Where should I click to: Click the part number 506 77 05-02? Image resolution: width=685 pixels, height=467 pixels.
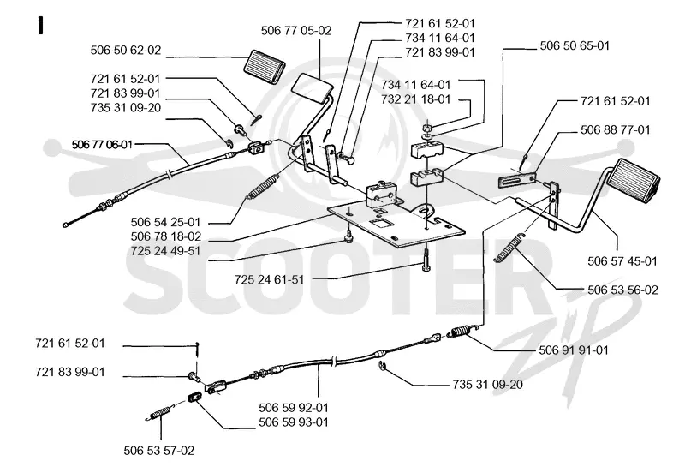(296, 31)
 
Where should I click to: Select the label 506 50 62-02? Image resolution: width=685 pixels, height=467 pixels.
(126, 50)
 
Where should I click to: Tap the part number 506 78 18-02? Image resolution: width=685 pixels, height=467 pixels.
(166, 236)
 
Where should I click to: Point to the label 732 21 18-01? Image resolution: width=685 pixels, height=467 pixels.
(415, 99)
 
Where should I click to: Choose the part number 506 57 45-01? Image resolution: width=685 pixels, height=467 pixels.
(622, 261)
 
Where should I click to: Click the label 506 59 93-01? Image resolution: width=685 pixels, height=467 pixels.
(294, 422)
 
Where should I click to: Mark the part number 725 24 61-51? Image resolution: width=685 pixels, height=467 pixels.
(269, 279)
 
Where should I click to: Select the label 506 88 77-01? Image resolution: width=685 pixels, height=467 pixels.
(615, 130)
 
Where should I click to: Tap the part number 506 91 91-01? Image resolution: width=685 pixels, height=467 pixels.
(574, 350)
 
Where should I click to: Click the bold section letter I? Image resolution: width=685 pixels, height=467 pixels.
(40, 26)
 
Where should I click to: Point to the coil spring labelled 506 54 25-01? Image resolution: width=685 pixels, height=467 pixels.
(263, 187)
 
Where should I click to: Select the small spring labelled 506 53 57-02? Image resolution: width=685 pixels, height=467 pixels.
(160, 413)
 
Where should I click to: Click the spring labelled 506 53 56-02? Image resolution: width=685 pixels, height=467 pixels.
(509, 248)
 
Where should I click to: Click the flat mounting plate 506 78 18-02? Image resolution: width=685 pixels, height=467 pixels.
(396, 224)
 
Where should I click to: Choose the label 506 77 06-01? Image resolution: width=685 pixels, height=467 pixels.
(102, 144)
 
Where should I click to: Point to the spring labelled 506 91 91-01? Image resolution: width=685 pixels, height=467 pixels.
(462, 331)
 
